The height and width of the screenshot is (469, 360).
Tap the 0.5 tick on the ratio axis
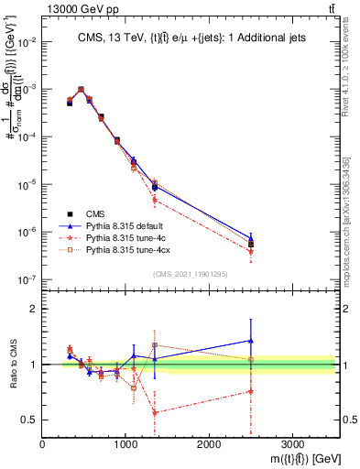click(31, 420)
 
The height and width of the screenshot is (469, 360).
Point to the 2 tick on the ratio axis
click(35, 309)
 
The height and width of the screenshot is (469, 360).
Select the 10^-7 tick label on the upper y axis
click(27, 279)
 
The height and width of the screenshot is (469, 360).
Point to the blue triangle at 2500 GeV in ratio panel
click(251, 341)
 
